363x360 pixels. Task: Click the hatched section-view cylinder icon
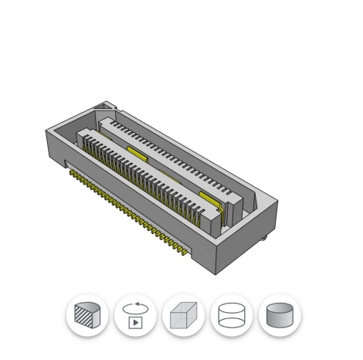87,315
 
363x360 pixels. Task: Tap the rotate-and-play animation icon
134,315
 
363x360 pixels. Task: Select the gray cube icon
182,315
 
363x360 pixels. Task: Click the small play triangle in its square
135,321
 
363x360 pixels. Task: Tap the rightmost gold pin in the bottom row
185,252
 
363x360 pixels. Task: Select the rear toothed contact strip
170,147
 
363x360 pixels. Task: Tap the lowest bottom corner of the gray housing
219,270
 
